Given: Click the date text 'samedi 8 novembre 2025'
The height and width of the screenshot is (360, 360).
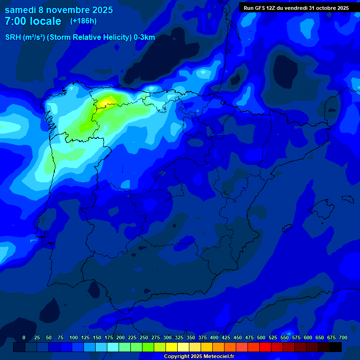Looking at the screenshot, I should tap(59, 10).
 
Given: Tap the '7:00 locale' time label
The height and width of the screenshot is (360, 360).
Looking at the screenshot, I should tap(33, 21).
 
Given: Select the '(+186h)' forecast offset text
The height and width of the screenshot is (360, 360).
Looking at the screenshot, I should tap(83, 21).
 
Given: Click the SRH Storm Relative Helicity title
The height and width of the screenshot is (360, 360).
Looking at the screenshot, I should tap(80, 37).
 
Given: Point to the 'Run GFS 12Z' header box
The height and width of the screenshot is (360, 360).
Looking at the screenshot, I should tap(296, 8).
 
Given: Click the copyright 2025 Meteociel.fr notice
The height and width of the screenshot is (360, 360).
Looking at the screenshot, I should tap(199, 356).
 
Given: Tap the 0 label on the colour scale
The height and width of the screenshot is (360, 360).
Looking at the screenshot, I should tap(24, 337).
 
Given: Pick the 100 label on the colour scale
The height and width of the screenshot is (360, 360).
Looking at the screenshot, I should tap(74, 337).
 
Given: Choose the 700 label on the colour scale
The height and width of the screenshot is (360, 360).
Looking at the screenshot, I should tap(343, 337).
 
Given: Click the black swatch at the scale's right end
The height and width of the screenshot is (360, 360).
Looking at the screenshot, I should tap(336, 347).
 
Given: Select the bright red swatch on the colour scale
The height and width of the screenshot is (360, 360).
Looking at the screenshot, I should tap(265, 347).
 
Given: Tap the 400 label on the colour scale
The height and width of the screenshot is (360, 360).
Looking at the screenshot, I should tap(214, 337).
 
